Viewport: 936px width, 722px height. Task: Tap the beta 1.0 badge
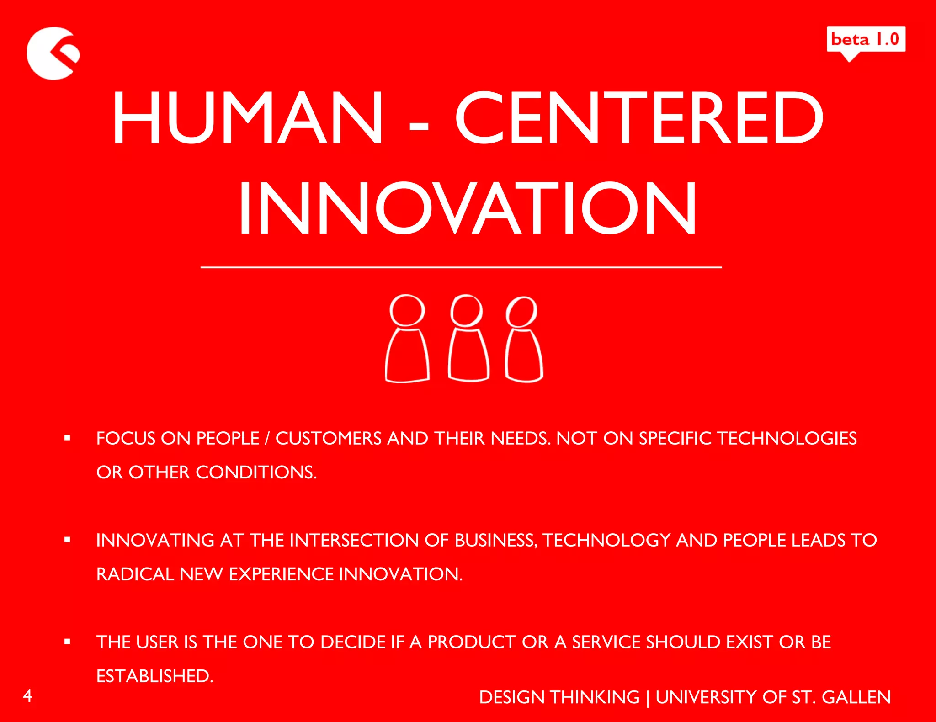pos(866,40)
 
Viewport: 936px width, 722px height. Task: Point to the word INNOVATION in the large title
pos(468,208)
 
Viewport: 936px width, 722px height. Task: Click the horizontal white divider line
pos(461,267)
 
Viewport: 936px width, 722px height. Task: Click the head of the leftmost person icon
pos(407,310)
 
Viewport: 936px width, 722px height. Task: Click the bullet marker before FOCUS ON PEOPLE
pos(68,438)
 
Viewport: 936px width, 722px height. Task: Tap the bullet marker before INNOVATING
pos(68,540)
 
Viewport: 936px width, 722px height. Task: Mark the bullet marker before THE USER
pos(68,642)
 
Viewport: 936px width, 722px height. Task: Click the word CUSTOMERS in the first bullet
pos(328,439)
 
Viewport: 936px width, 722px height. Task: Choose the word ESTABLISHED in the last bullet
pos(154,676)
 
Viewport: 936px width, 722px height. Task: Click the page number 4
pos(28,695)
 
